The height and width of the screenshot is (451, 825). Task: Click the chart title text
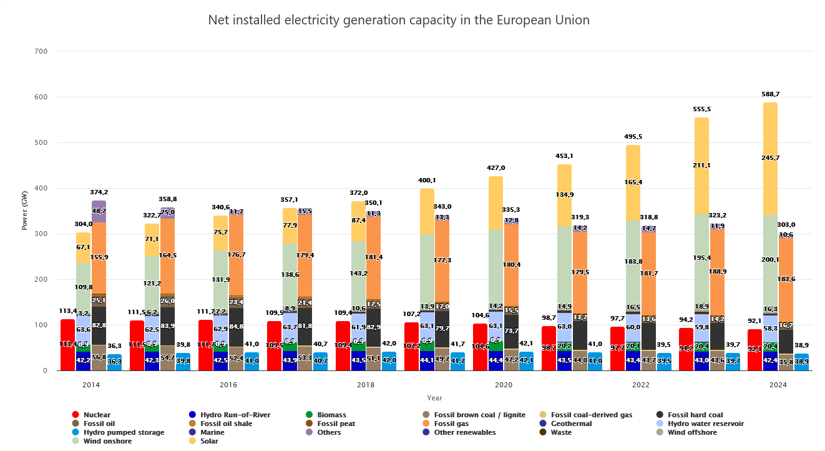tap(398, 20)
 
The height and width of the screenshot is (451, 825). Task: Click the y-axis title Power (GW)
tap(24, 210)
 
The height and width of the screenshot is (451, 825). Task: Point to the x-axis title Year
tap(434, 398)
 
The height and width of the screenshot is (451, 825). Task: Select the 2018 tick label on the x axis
tap(366, 385)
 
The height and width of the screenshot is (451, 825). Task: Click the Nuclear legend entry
tap(96, 415)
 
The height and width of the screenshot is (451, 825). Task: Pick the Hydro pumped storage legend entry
tap(124, 432)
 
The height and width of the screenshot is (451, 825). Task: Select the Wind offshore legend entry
tap(692, 432)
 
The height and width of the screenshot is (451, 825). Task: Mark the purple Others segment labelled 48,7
tap(99, 211)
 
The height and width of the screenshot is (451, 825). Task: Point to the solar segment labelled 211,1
tap(701, 166)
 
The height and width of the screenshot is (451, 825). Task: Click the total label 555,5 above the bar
tap(701, 109)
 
